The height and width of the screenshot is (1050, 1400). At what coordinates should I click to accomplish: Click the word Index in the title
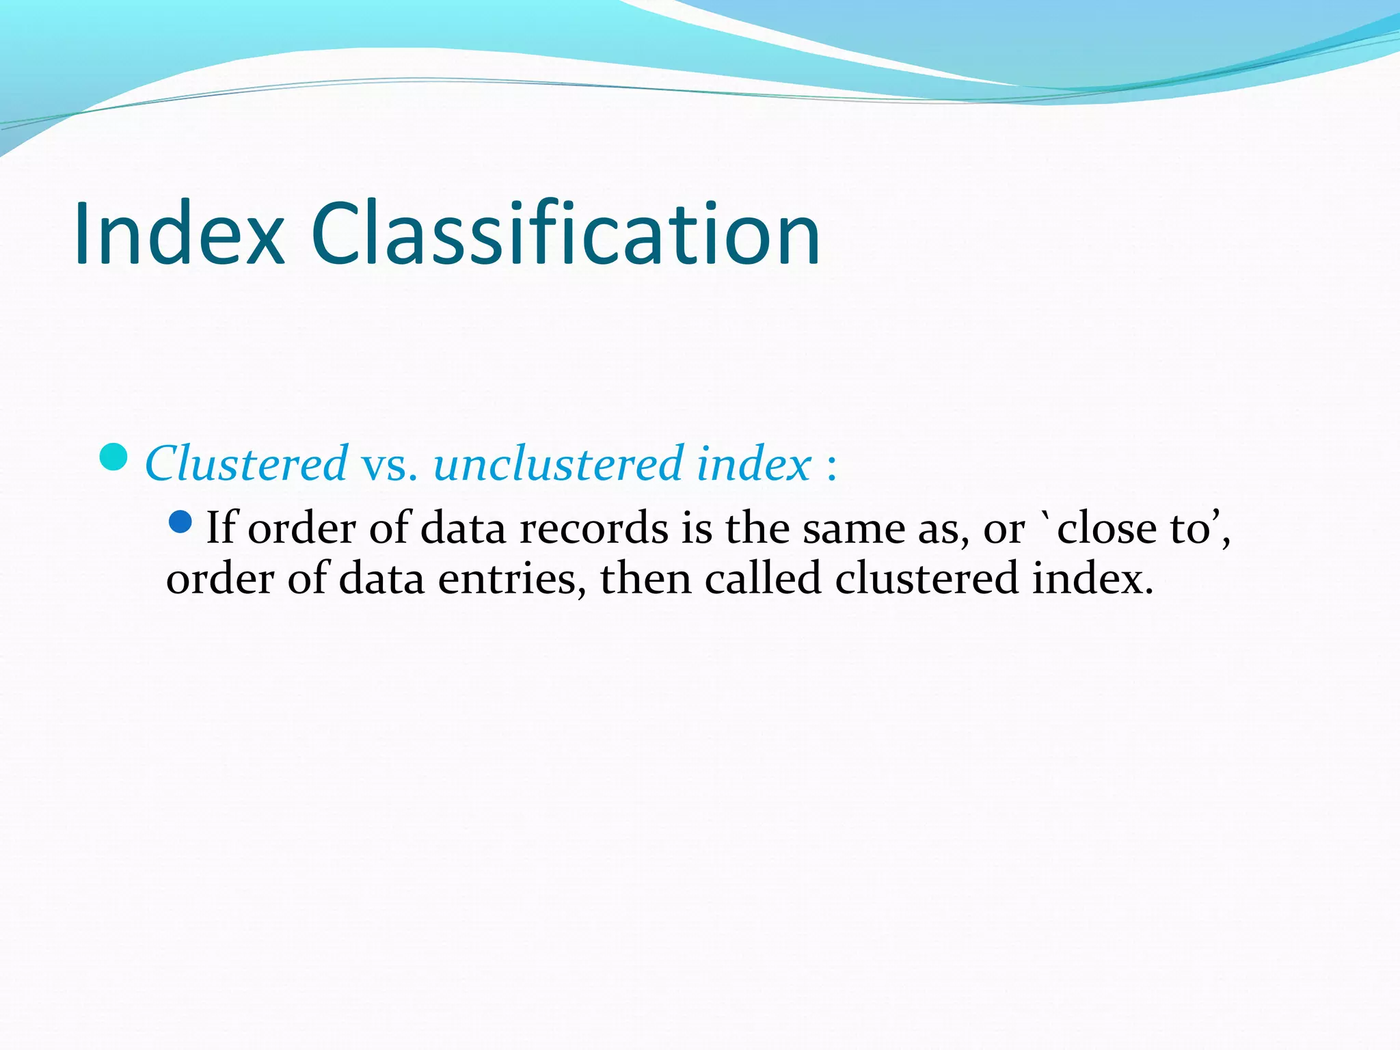(x=179, y=234)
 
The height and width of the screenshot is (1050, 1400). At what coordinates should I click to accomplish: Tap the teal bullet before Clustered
(x=113, y=457)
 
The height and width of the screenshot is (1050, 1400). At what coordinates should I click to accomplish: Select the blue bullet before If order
(x=180, y=523)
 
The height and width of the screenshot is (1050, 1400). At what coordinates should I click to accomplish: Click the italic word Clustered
(x=246, y=464)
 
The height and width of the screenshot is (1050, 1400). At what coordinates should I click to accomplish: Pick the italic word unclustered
(x=558, y=464)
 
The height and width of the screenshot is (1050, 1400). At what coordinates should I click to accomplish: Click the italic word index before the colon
(x=754, y=464)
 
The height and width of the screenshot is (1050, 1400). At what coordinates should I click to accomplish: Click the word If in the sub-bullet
(x=221, y=528)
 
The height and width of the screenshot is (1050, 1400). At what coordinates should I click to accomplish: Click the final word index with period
(x=1092, y=578)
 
